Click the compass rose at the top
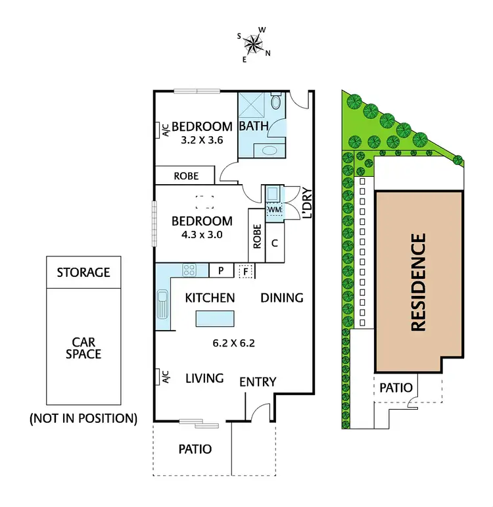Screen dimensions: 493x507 coord(252,45)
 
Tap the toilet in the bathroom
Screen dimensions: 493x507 coord(276,103)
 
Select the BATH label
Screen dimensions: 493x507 coord(252,126)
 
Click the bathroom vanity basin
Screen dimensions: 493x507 coord(269,151)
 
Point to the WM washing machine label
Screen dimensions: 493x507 coord(273,210)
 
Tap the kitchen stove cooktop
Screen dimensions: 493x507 coord(189,270)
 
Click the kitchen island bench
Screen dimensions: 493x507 coord(214,318)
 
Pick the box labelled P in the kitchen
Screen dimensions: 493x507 coord(221,270)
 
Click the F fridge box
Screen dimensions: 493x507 coord(246,270)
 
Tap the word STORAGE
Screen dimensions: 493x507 coord(83,272)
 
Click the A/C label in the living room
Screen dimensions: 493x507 coord(166,377)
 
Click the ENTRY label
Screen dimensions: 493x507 coord(258,382)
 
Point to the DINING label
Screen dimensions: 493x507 coord(282,298)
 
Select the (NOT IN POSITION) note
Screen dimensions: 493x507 coord(83,418)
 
